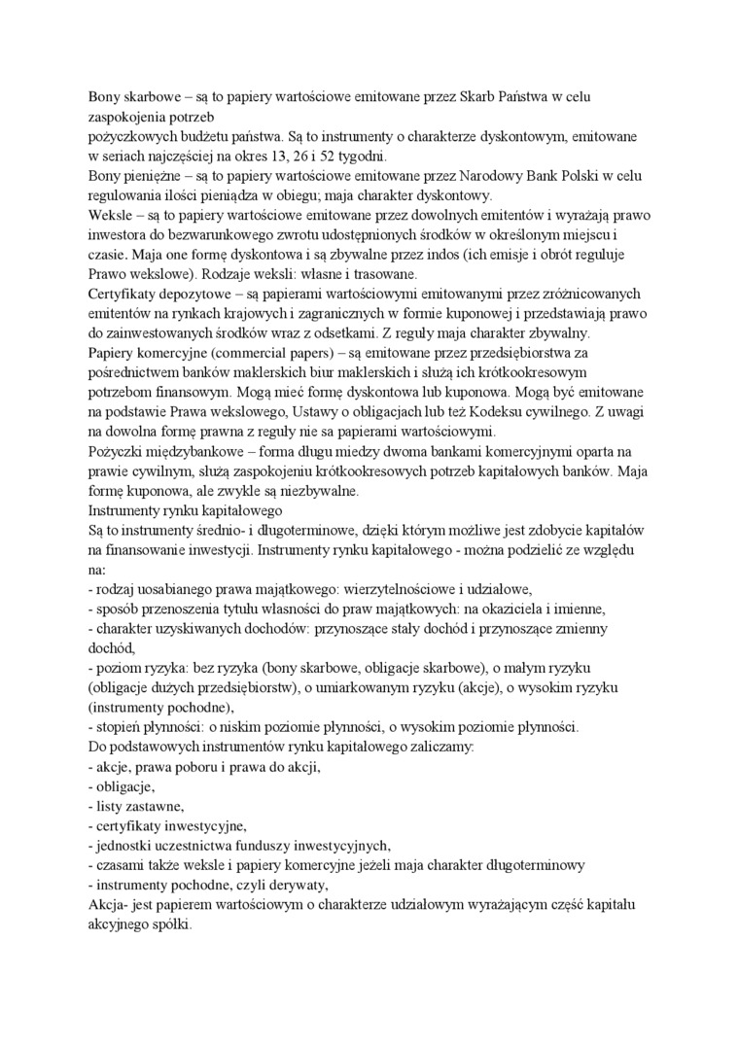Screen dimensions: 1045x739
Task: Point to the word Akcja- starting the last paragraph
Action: [109, 904]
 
